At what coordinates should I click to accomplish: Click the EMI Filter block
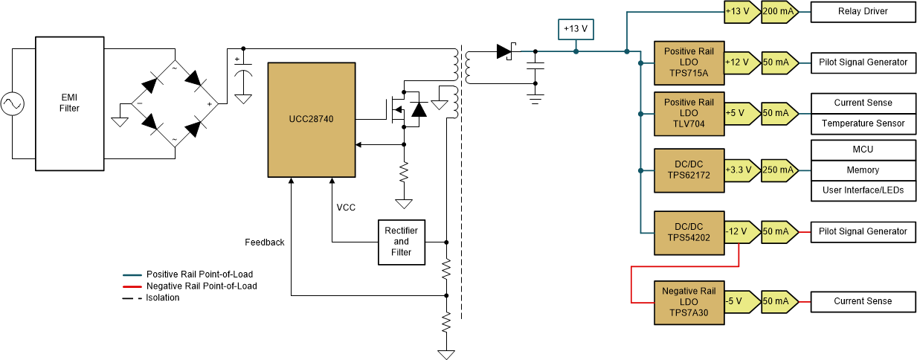(69, 103)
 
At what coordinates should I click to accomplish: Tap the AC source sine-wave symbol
(13, 103)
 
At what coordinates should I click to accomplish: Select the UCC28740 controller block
(312, 119)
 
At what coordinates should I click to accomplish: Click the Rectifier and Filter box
(401, 242)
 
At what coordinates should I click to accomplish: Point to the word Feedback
(265, 242)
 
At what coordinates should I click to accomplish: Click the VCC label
(346, 208)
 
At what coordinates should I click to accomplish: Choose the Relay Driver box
(863, 12)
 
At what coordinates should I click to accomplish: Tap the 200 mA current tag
(778, 12)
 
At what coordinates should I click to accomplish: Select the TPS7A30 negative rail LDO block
(689, 302)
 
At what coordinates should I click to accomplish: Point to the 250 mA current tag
(778, 170)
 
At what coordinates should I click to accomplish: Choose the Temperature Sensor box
(863, 123)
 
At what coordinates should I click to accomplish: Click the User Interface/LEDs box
(863, 190)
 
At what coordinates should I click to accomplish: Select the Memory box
(863, 170)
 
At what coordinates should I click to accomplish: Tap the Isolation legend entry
(162, 298)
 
